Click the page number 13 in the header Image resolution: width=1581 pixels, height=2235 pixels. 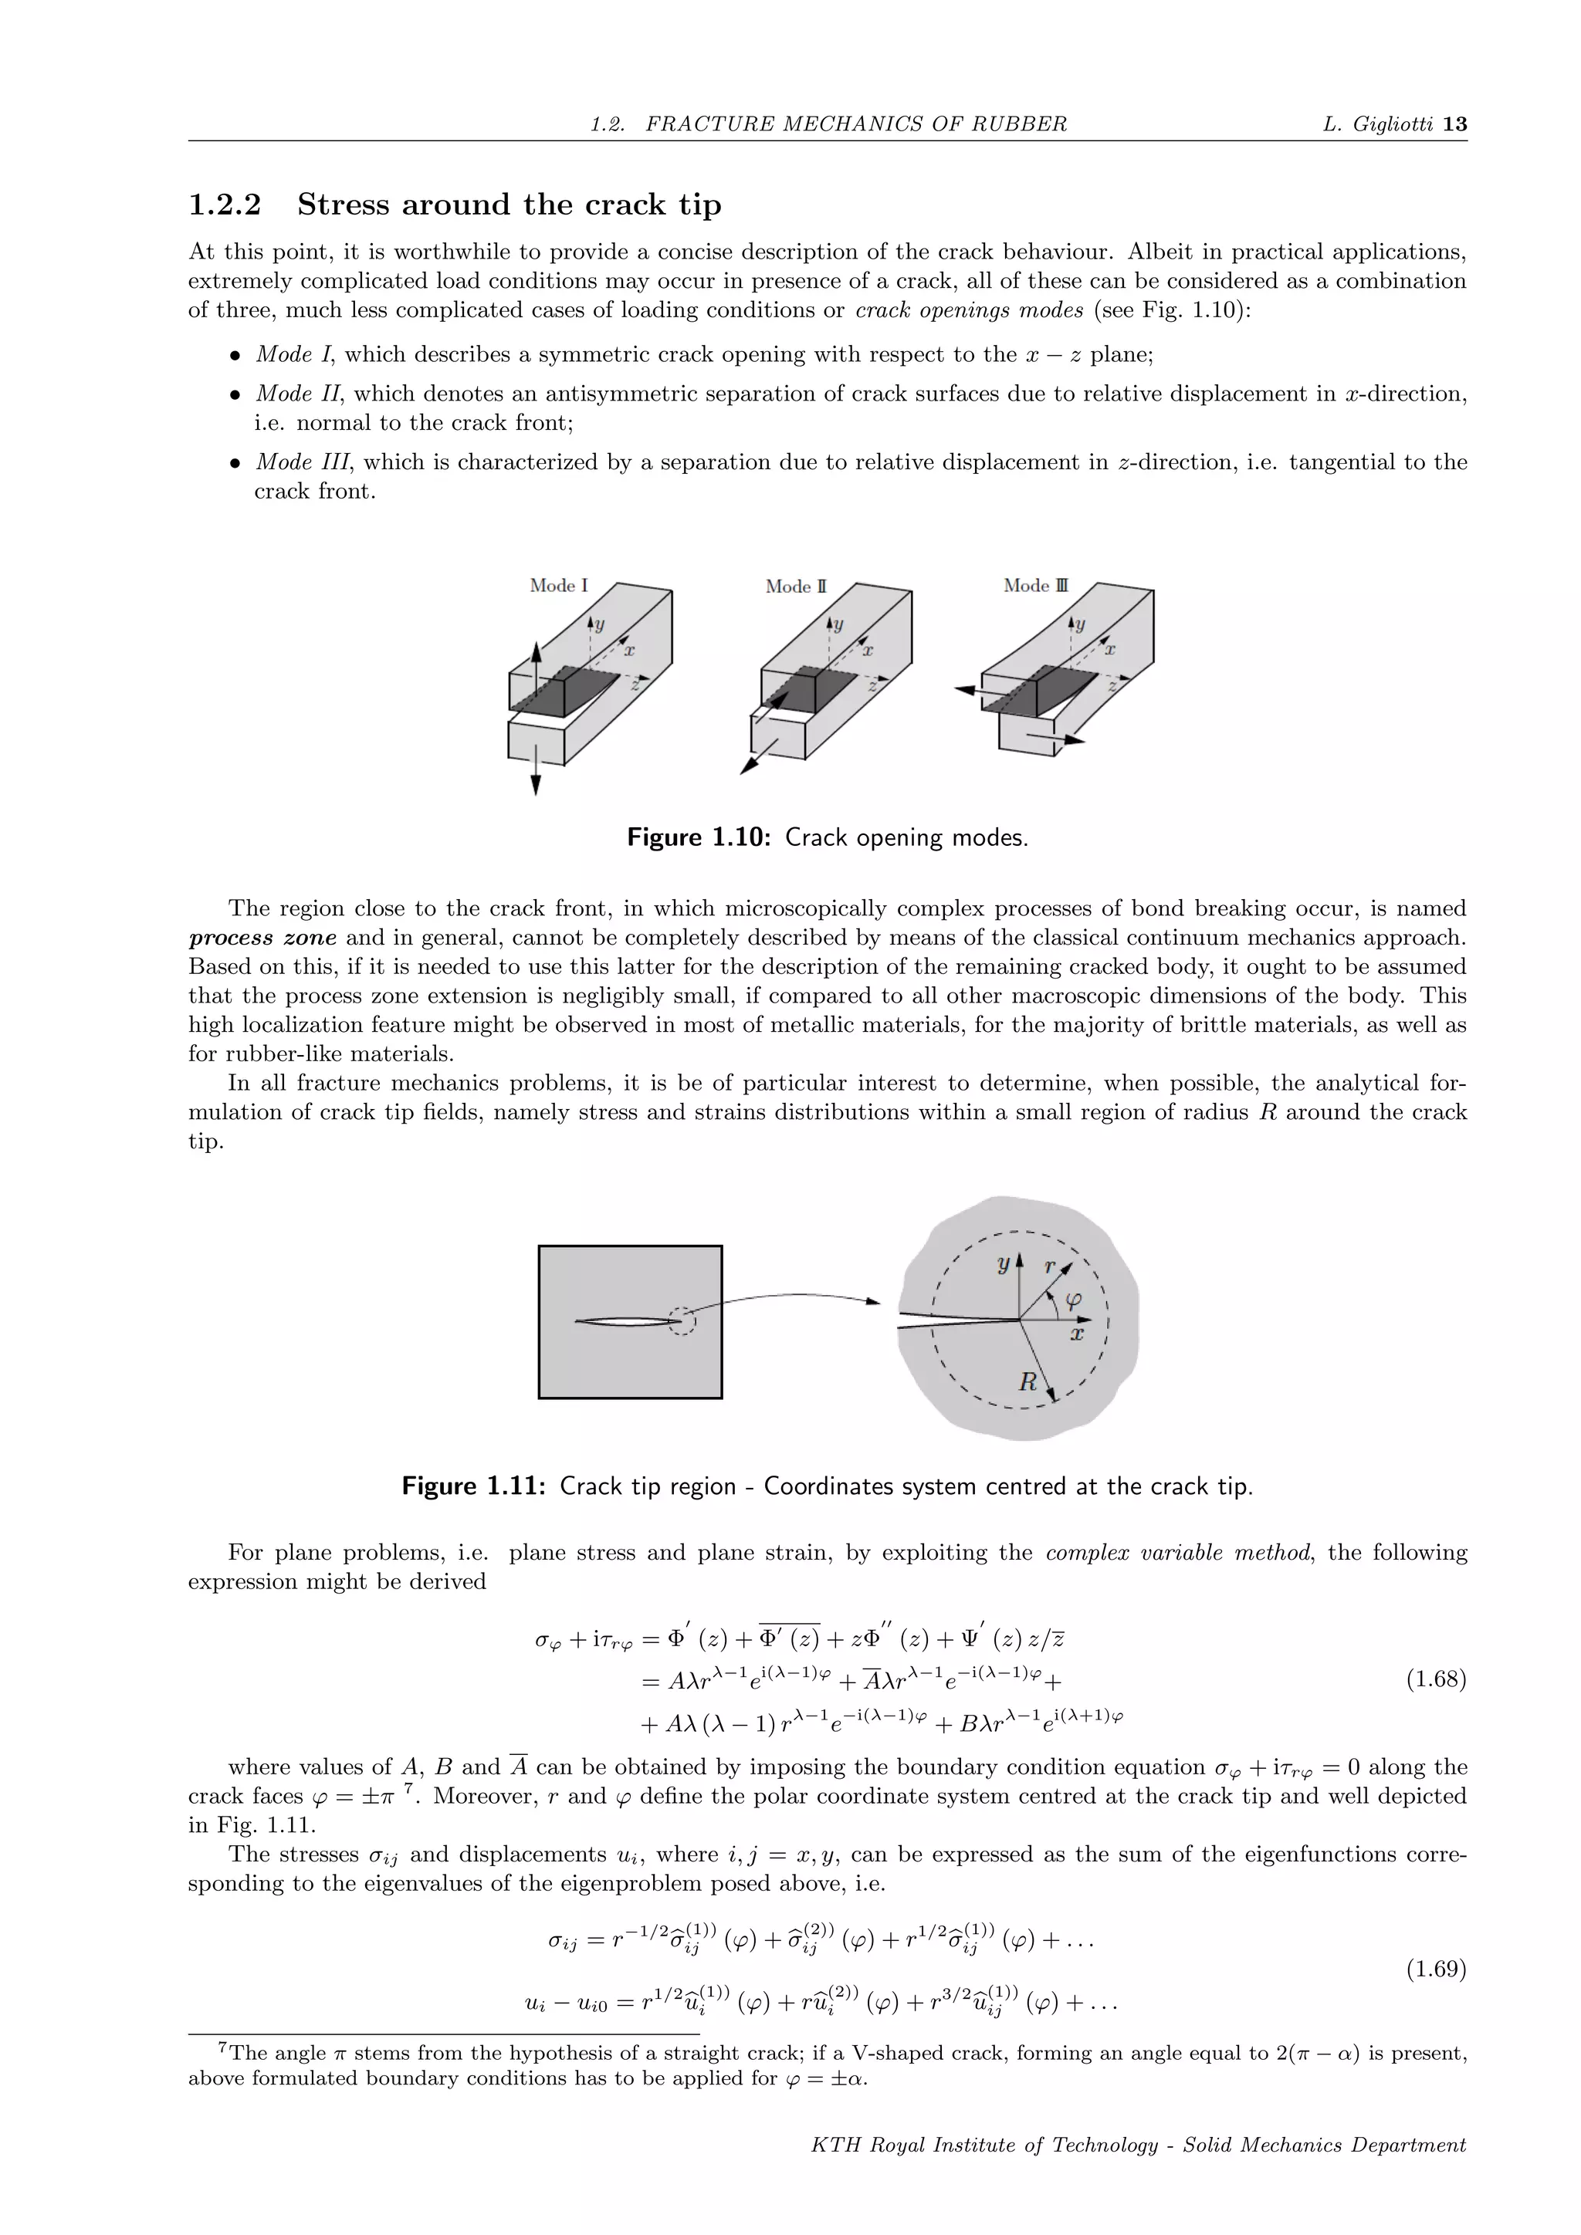[1455, 123]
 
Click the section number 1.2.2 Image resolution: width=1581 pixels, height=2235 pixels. [225, 205]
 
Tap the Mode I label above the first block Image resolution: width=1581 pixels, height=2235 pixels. [559, 585]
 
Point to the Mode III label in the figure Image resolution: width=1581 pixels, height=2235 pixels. [1036, 585]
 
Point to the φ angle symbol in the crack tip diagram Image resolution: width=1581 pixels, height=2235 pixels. [1074, 1300]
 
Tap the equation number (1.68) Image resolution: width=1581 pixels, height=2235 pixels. [1436, 1679]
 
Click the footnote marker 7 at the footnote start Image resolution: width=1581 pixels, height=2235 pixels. [222, 2049]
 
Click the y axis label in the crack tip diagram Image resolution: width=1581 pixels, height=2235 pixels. [1003, 1264]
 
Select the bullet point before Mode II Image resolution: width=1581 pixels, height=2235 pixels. [235, 394]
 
